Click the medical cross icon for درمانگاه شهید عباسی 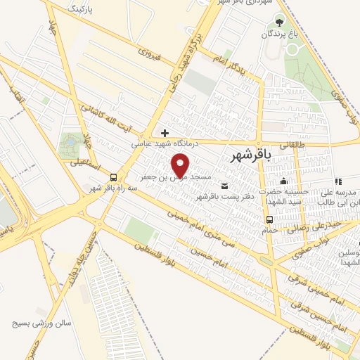165,132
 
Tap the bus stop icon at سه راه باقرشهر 113,179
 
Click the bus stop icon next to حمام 270,219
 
